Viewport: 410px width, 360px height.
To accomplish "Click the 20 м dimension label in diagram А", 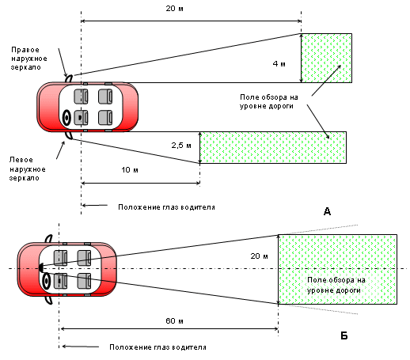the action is coord(174,9).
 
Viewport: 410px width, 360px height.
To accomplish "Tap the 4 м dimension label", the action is coord(279,64).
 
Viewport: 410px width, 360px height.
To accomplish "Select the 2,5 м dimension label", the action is coord(181,146).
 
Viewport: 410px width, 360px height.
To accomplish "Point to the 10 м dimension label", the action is coord(130,170).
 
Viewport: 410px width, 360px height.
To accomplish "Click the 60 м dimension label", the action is coord(174,321).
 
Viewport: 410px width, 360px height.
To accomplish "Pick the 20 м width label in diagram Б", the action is coord(259,256).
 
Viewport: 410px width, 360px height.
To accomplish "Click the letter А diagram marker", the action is coord(327,211).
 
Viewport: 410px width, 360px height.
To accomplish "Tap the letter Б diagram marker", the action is coord(344,335).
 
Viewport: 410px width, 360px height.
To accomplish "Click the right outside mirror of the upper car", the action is coord(69,78).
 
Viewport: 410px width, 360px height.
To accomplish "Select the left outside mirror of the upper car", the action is coord(69,135).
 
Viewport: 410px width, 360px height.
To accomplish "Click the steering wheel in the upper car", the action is coord(66,118).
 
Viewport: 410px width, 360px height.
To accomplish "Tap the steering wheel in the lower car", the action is coord(47,282).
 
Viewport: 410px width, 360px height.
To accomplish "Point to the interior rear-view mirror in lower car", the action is coord(41,267).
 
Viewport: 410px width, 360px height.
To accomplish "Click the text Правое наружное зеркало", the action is coord(28,59).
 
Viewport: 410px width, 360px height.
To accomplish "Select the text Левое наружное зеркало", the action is coord(27,169).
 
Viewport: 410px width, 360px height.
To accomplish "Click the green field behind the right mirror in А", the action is coord(326,58).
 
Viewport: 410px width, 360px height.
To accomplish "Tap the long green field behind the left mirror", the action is coord(273,147).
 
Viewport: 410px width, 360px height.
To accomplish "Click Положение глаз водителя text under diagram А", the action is coord(166,207).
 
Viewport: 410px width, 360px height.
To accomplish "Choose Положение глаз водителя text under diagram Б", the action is coord(158,347).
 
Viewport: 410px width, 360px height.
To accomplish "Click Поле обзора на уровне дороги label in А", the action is coord(269,101).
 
